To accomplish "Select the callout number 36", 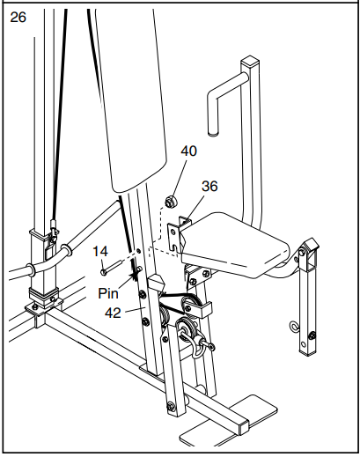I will click(209, 187).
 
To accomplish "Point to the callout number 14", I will click(101, 251).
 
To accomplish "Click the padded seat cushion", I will click(238, 242).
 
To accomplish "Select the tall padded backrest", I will click(132, 88).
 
